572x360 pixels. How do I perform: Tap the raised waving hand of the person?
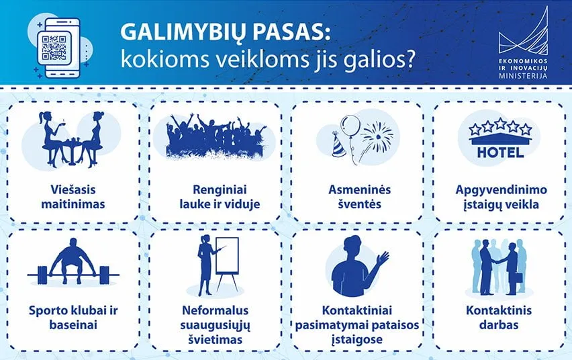coord(383,259)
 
